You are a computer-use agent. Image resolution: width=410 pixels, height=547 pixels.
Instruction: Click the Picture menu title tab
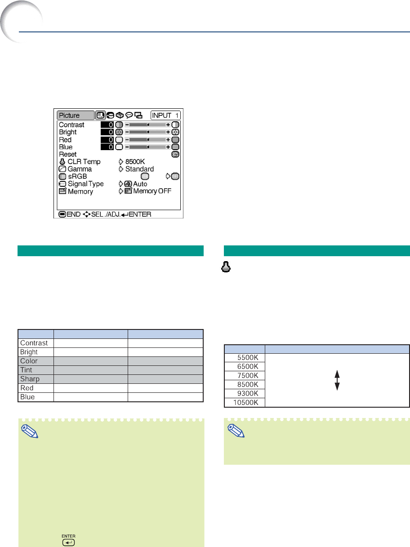tap(76, 116)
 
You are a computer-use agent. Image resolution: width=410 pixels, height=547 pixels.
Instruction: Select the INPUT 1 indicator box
tap(165, 116)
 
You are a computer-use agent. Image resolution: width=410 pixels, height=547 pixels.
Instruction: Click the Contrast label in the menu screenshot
tap(71, 125)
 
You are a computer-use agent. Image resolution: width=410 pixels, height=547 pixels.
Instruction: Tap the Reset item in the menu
tap(67, 154)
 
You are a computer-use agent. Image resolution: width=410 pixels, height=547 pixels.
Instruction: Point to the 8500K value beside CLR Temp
tap(135, 161)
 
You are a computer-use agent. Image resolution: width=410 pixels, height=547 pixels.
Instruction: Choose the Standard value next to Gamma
tap(139, 169)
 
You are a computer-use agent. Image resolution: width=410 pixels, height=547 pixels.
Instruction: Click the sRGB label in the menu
tap(77, 177)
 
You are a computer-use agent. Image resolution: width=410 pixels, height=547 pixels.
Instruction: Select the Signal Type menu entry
tap(85, 184)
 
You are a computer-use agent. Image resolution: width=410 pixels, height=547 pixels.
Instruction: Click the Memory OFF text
tap(152, 191)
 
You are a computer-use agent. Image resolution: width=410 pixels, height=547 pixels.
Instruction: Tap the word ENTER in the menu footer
tap(140, 214)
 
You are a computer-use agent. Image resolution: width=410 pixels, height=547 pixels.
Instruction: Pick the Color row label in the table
tap(29, 361)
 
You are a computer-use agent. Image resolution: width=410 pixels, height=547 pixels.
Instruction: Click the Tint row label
tap(26, 370)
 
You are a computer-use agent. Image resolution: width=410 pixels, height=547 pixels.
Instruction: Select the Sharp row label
tap(30, 379)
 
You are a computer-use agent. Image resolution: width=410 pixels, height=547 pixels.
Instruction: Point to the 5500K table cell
tap(248, 358)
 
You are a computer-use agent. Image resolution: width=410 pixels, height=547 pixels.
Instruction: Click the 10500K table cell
tap(246, 402)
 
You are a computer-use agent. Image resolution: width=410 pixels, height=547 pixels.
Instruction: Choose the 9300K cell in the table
tap(248, 393)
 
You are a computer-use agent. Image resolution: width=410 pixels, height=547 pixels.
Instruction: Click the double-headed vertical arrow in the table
tap(337, 380)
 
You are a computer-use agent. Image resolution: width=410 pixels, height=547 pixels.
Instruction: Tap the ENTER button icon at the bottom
tap(68, 543)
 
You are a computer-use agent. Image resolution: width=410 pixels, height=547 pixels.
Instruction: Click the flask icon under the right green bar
tap(226, 267)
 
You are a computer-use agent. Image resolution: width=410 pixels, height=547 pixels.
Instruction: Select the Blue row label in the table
tap(27, 397)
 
